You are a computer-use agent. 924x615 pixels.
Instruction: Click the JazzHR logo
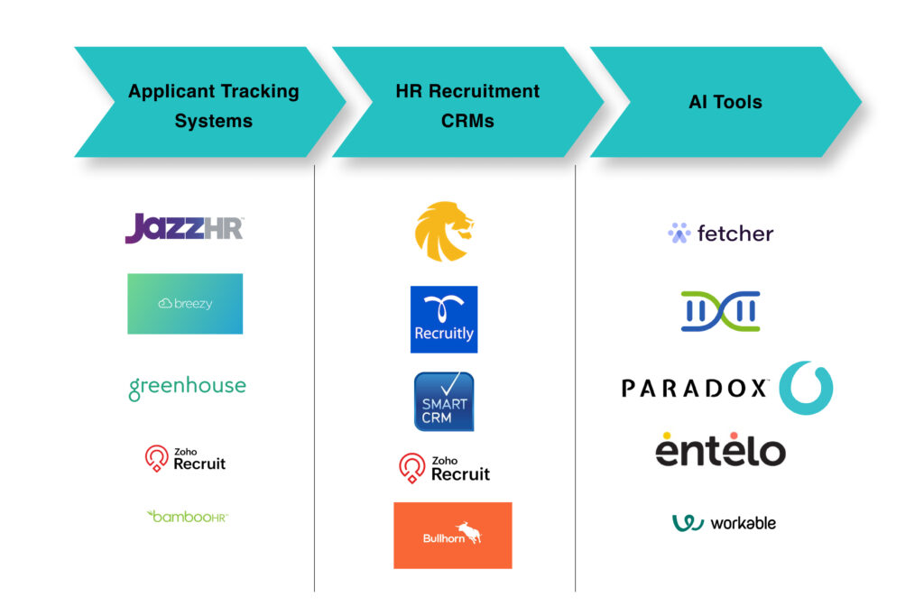[184, 228]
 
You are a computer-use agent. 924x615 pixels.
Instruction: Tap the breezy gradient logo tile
[185, 304]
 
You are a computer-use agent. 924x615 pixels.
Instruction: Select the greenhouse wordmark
[187, 387]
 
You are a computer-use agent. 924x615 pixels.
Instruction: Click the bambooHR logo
[187, 516]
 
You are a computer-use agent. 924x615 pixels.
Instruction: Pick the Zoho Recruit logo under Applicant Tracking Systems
[186, 458]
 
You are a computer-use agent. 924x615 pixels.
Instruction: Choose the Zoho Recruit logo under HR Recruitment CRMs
[444, 468]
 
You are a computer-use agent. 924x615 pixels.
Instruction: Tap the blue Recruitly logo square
[444, 319]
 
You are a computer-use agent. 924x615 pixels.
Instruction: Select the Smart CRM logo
[444, 401]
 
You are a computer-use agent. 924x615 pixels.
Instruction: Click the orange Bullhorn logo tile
[452, 536]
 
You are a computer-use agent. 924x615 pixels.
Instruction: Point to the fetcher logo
[720, 234]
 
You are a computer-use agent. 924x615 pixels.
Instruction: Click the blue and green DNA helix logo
[720, 311]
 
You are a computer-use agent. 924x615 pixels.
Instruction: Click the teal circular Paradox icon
[805, 388]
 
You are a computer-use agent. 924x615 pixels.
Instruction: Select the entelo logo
[720, 449]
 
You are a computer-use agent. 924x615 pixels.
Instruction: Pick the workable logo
[724, 523]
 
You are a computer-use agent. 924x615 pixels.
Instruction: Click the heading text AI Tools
[725, 102]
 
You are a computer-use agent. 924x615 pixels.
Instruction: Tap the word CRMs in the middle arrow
[467, 121]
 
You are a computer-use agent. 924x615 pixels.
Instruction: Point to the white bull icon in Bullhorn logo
[468, 533]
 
